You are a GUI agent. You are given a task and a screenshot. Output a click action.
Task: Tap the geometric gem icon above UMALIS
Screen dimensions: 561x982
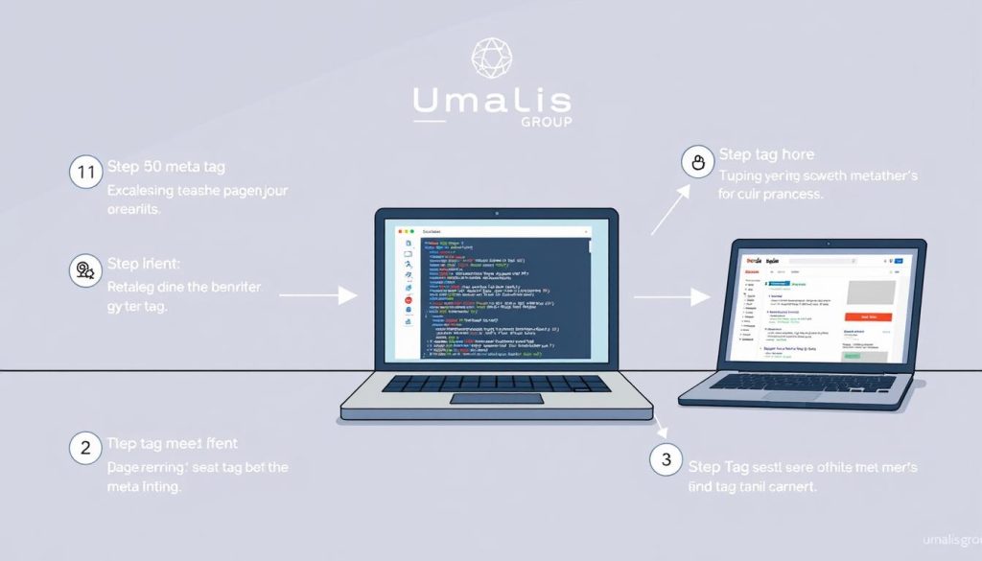point(491,57)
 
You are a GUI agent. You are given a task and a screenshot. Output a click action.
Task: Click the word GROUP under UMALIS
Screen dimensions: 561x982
point(545,122)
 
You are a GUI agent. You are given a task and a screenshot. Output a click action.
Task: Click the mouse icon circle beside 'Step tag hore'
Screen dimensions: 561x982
point(696,162)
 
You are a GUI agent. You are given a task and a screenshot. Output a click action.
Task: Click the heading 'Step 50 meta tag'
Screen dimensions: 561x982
point(166,168)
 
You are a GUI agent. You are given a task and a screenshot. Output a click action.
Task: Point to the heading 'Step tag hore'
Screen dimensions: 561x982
point(765,154)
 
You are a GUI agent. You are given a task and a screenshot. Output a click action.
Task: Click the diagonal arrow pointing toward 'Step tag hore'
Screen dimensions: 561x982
point(670,208)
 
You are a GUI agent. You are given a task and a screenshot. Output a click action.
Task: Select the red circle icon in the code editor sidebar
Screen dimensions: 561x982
point(409,301)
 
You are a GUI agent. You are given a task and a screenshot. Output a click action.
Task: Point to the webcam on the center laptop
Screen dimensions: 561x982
point(496,214)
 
